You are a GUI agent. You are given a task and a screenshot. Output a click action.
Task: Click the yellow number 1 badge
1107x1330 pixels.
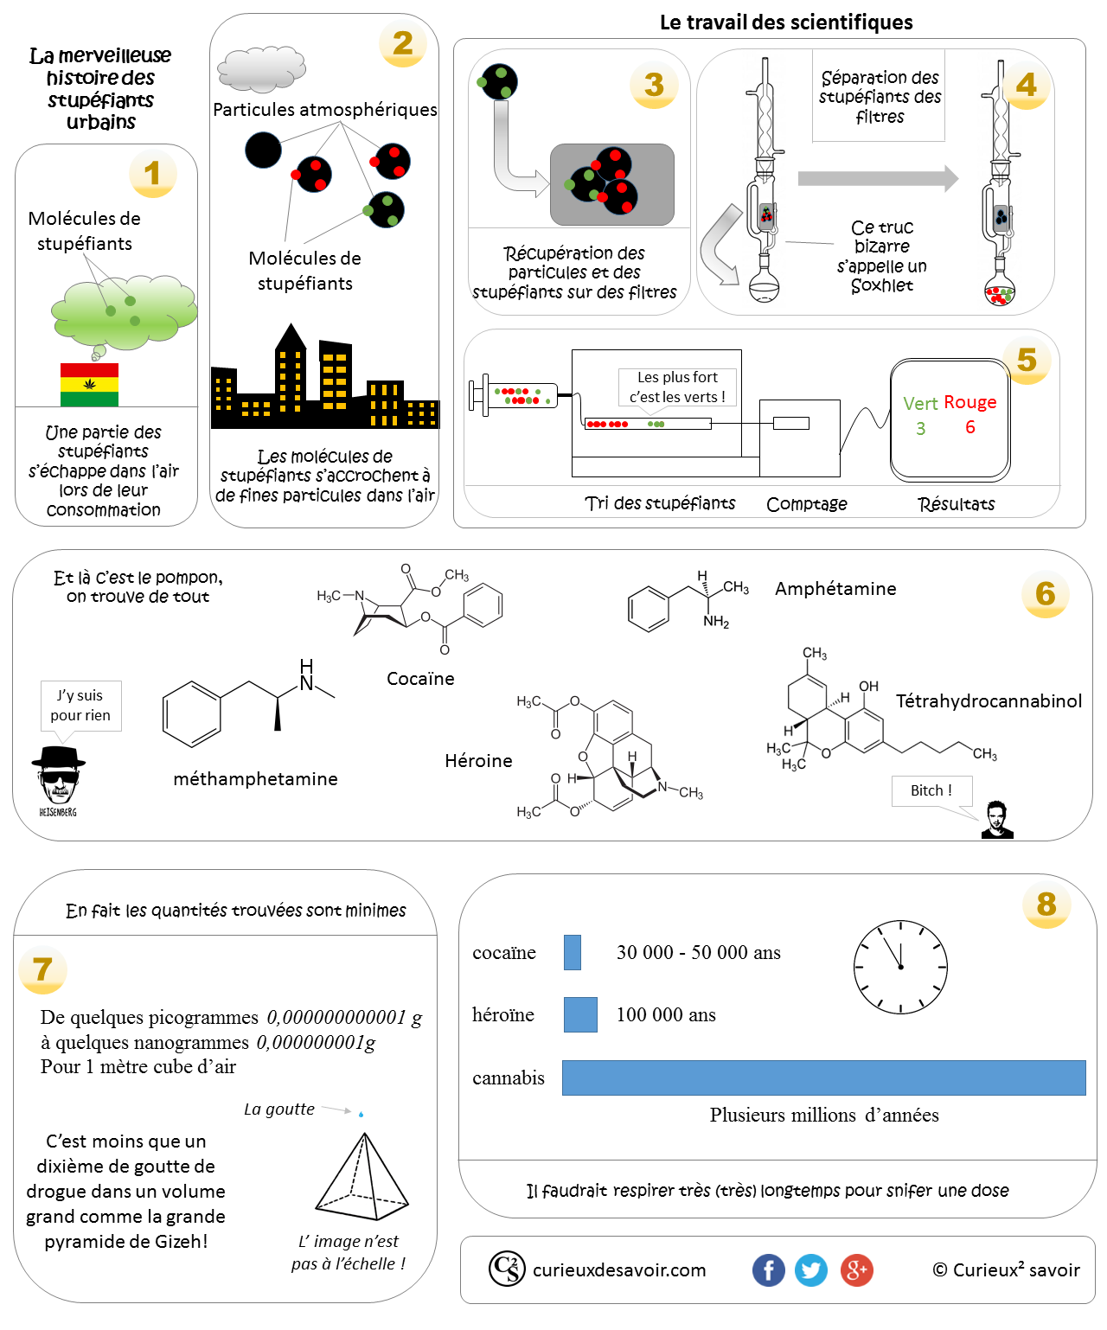[x=152, y=173]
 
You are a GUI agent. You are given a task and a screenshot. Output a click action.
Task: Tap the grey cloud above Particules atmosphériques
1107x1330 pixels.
[x=261, y=69]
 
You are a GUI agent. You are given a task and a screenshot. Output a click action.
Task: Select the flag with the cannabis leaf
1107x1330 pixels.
[x=89, y=384]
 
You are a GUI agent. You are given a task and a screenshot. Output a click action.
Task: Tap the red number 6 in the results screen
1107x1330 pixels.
[x=969, y=427]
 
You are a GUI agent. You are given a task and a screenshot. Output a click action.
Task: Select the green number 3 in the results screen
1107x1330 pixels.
[x=919, y=428]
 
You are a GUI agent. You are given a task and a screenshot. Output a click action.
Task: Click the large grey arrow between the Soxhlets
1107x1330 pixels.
[x=877, y=178]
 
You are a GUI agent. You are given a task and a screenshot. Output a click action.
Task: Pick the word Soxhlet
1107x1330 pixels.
[x=881, y=285]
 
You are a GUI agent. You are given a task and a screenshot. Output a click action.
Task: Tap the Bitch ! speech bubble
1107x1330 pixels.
[x=931, y=790]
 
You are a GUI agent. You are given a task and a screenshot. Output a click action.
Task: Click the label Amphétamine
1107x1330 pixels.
[x=835, y=589]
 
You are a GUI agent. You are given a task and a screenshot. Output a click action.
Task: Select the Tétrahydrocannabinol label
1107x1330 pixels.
[x=988, y=700]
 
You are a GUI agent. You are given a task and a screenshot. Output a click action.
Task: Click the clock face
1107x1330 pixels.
[x=899, y=966]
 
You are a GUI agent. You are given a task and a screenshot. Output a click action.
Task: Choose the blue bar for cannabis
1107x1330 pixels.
[x=823, y=1077]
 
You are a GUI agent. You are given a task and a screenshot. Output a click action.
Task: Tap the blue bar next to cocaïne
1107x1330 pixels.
[x=572, y=951]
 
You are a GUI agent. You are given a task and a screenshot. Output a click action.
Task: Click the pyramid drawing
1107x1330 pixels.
[x=362, y=1176]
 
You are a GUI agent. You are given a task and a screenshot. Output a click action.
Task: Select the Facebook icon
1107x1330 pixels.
[x=768, y=1269]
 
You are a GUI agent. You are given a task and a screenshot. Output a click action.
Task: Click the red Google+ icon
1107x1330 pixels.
[x=856, y=1269]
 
